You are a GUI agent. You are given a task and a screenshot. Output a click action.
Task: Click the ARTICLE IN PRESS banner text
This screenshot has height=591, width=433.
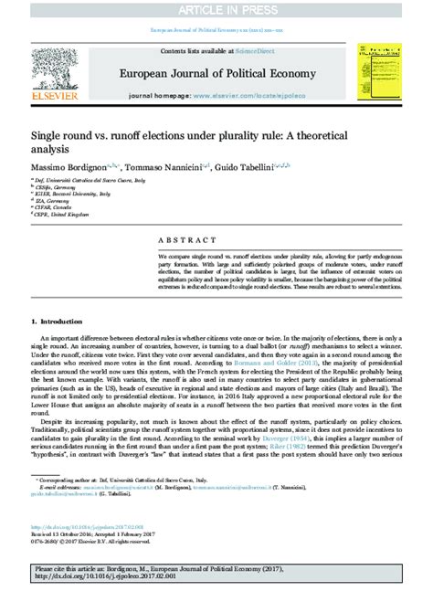point(216,8)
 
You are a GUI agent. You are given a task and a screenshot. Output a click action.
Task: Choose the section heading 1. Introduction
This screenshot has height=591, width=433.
point(59,322)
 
